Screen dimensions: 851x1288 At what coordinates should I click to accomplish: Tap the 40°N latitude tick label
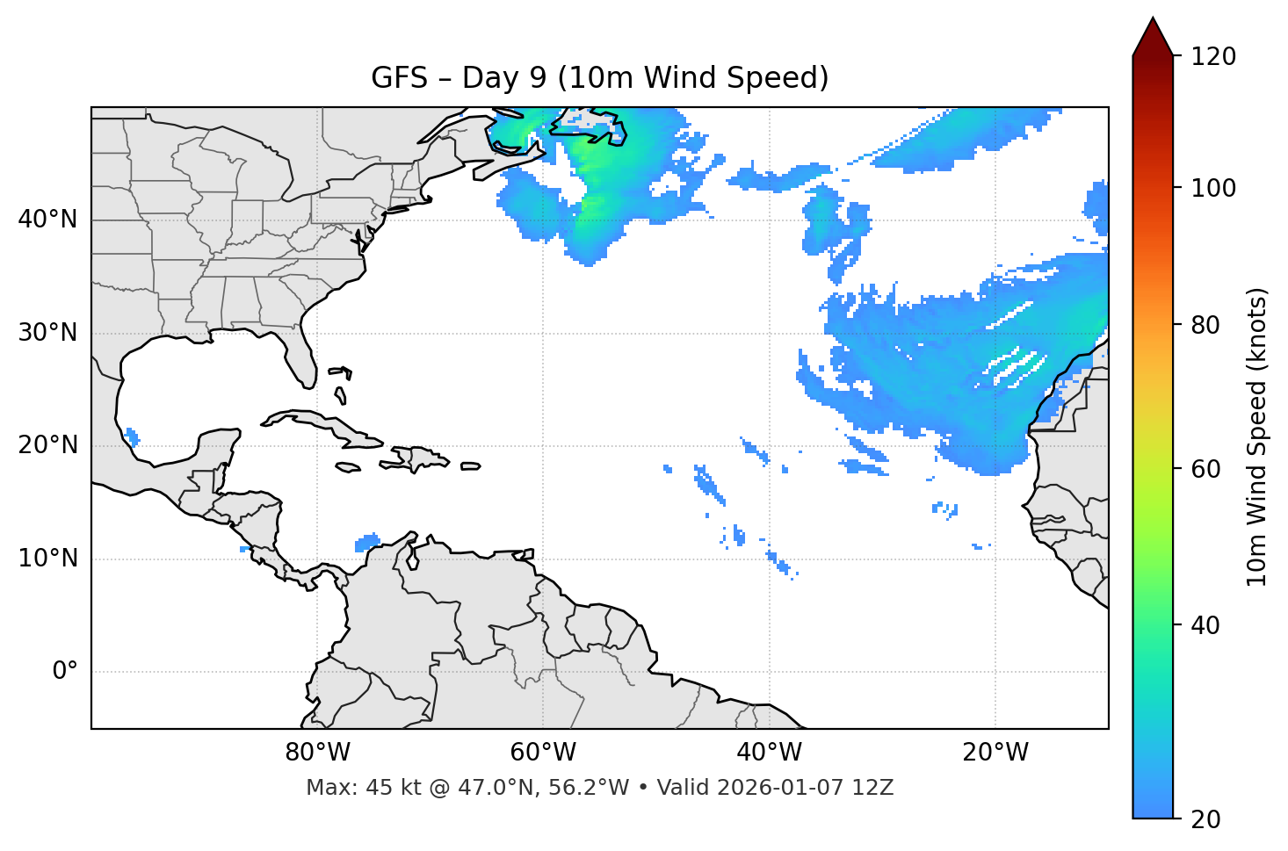pos(47,220)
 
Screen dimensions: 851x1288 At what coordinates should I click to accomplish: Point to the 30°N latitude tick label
pos(47,333)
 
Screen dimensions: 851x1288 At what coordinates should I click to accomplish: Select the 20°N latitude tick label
pos(47,445)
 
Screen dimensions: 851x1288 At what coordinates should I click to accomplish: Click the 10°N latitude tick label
pos(47,559)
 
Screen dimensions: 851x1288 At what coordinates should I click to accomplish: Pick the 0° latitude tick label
pos(65,672)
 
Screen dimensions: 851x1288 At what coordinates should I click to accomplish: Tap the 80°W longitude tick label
pos(317,753)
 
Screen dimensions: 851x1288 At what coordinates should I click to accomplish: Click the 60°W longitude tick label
pos(543,753)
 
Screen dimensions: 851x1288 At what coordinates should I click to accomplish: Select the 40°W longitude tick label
pos(769,753)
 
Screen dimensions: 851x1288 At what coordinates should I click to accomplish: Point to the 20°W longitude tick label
pos(995,753)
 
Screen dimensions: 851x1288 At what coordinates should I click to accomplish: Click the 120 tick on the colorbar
pos(1213,57)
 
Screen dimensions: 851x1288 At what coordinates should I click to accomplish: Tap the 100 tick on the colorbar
pos(1213,188)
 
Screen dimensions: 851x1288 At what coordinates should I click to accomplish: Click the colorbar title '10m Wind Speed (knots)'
pos(1257,436)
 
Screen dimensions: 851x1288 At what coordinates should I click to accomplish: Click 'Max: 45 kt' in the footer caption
pos(346,788)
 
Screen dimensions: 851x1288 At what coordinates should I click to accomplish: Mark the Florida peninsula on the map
pos(301,360)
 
